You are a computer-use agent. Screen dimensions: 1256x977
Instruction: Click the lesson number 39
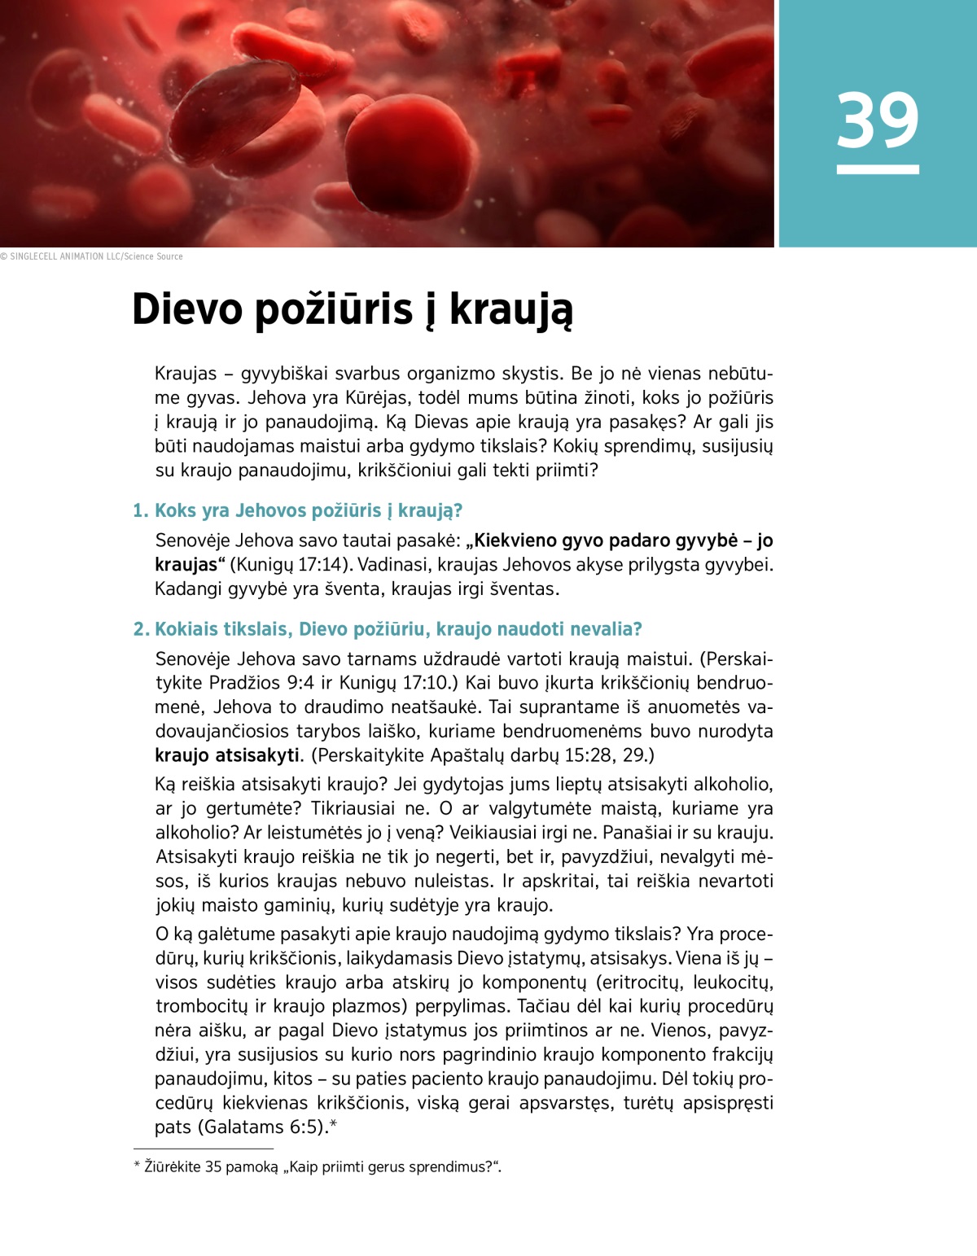click(878, 120)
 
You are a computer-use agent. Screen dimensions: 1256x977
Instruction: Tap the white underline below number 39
click(878, 169)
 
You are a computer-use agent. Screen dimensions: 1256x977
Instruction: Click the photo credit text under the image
click(91, 256)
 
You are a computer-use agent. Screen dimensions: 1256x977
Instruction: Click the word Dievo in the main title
click(187, 309)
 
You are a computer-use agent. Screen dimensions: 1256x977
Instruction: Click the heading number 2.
click(141, 629)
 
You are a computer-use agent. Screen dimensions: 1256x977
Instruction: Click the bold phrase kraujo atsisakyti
click(227, 755)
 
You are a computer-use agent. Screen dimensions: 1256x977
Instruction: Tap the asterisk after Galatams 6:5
click(333, 1125)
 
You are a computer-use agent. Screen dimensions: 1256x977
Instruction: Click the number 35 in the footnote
click(213, 1167)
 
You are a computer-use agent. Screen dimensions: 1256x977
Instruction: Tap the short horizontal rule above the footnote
click(204, 1149)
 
